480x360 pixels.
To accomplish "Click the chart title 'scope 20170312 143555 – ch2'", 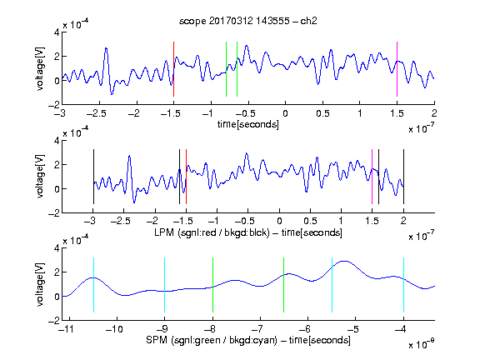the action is pyautogui.click(x=248, y=21).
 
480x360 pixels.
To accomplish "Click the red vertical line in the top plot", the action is pyautogui.click(x=173, y=69).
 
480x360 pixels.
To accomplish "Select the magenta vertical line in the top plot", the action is pyautogui.click(x=397, y=69).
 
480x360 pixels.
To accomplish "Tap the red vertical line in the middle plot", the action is pyautogui.click(x=186, y=177).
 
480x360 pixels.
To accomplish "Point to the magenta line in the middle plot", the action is pyautogui.click(x=372, y=177).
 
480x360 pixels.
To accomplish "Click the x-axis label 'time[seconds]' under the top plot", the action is pyautogui.click(x=248, y=124).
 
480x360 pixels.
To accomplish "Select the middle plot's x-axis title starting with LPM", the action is pyautogui.click(x=248, y=232).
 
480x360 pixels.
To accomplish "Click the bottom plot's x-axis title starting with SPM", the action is pyautogui.click(x=248, y=340).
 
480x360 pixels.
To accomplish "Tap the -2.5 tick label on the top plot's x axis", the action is pyautogui.click(x=97, y=113).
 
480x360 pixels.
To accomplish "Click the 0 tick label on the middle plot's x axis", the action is pyautogui.click(x=279, y=221).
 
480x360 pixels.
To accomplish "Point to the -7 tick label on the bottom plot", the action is pyautogui.click(x=258, y=329).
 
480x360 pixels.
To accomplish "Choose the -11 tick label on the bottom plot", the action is pyautogui.click(x=67, y=329).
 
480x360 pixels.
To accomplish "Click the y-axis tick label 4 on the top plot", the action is pyautogui.click(x=57, y=32).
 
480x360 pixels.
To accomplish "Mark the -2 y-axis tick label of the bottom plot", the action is pyautogui.click(x=54, y=321).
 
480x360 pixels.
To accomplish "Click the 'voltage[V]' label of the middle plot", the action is pyautogui.click(x=40, y=177).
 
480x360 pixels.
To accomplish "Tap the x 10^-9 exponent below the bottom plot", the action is pyautogui.click(x=422, y=344).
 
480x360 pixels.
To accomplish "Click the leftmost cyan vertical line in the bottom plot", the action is pyautogui.click(x=93, y=285).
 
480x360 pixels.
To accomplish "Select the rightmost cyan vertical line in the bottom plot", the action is pyautogui.click(x=403, y=285).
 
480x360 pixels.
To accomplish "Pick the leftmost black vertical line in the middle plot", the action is pyautogui.click(x=93, y=177).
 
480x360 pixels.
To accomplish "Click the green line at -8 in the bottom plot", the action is pyautogui.click(x=212, y=285).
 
